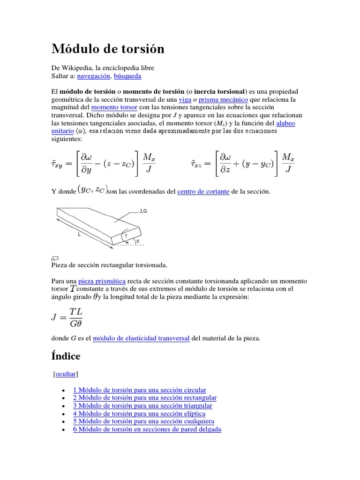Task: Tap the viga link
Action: tap(185, 99)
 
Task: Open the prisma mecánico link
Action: tap(223, 99)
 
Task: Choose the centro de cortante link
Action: tap(203, 192)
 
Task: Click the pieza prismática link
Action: tap(102, 281)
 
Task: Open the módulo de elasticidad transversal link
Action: tap(141, 338)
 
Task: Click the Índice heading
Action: tap(66, 356)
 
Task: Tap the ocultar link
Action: tap(66, 374)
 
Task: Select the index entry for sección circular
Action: tap(140, 390)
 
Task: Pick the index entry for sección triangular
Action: tap(142, 405)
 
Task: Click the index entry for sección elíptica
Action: tap(139, 413)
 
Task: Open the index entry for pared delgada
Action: tap(147, 429)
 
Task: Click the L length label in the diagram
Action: tap(80, 234)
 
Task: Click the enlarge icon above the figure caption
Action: tap(54, 258)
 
